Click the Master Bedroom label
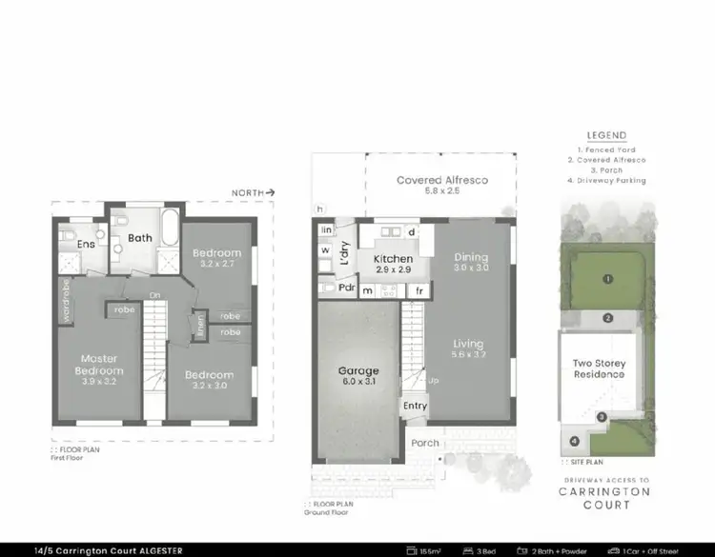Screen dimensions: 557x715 tap(100, 364)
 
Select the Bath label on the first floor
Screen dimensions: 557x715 tap(140, 238)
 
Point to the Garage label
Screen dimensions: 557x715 tap(357, 371)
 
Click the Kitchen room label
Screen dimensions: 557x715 tap(392, 259)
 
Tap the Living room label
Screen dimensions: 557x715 tap(468, 344)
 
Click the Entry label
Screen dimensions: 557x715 tap(415, 406)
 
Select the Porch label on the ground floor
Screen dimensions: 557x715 tap(424, 442)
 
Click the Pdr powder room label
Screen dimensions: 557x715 tap(345, 288)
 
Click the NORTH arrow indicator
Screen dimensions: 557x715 tap(254, 193)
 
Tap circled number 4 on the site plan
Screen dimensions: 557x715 tap(574, 440)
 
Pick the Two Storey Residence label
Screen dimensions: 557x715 tap(598, 368)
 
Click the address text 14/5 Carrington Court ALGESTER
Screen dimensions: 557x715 tap(94, 550)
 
